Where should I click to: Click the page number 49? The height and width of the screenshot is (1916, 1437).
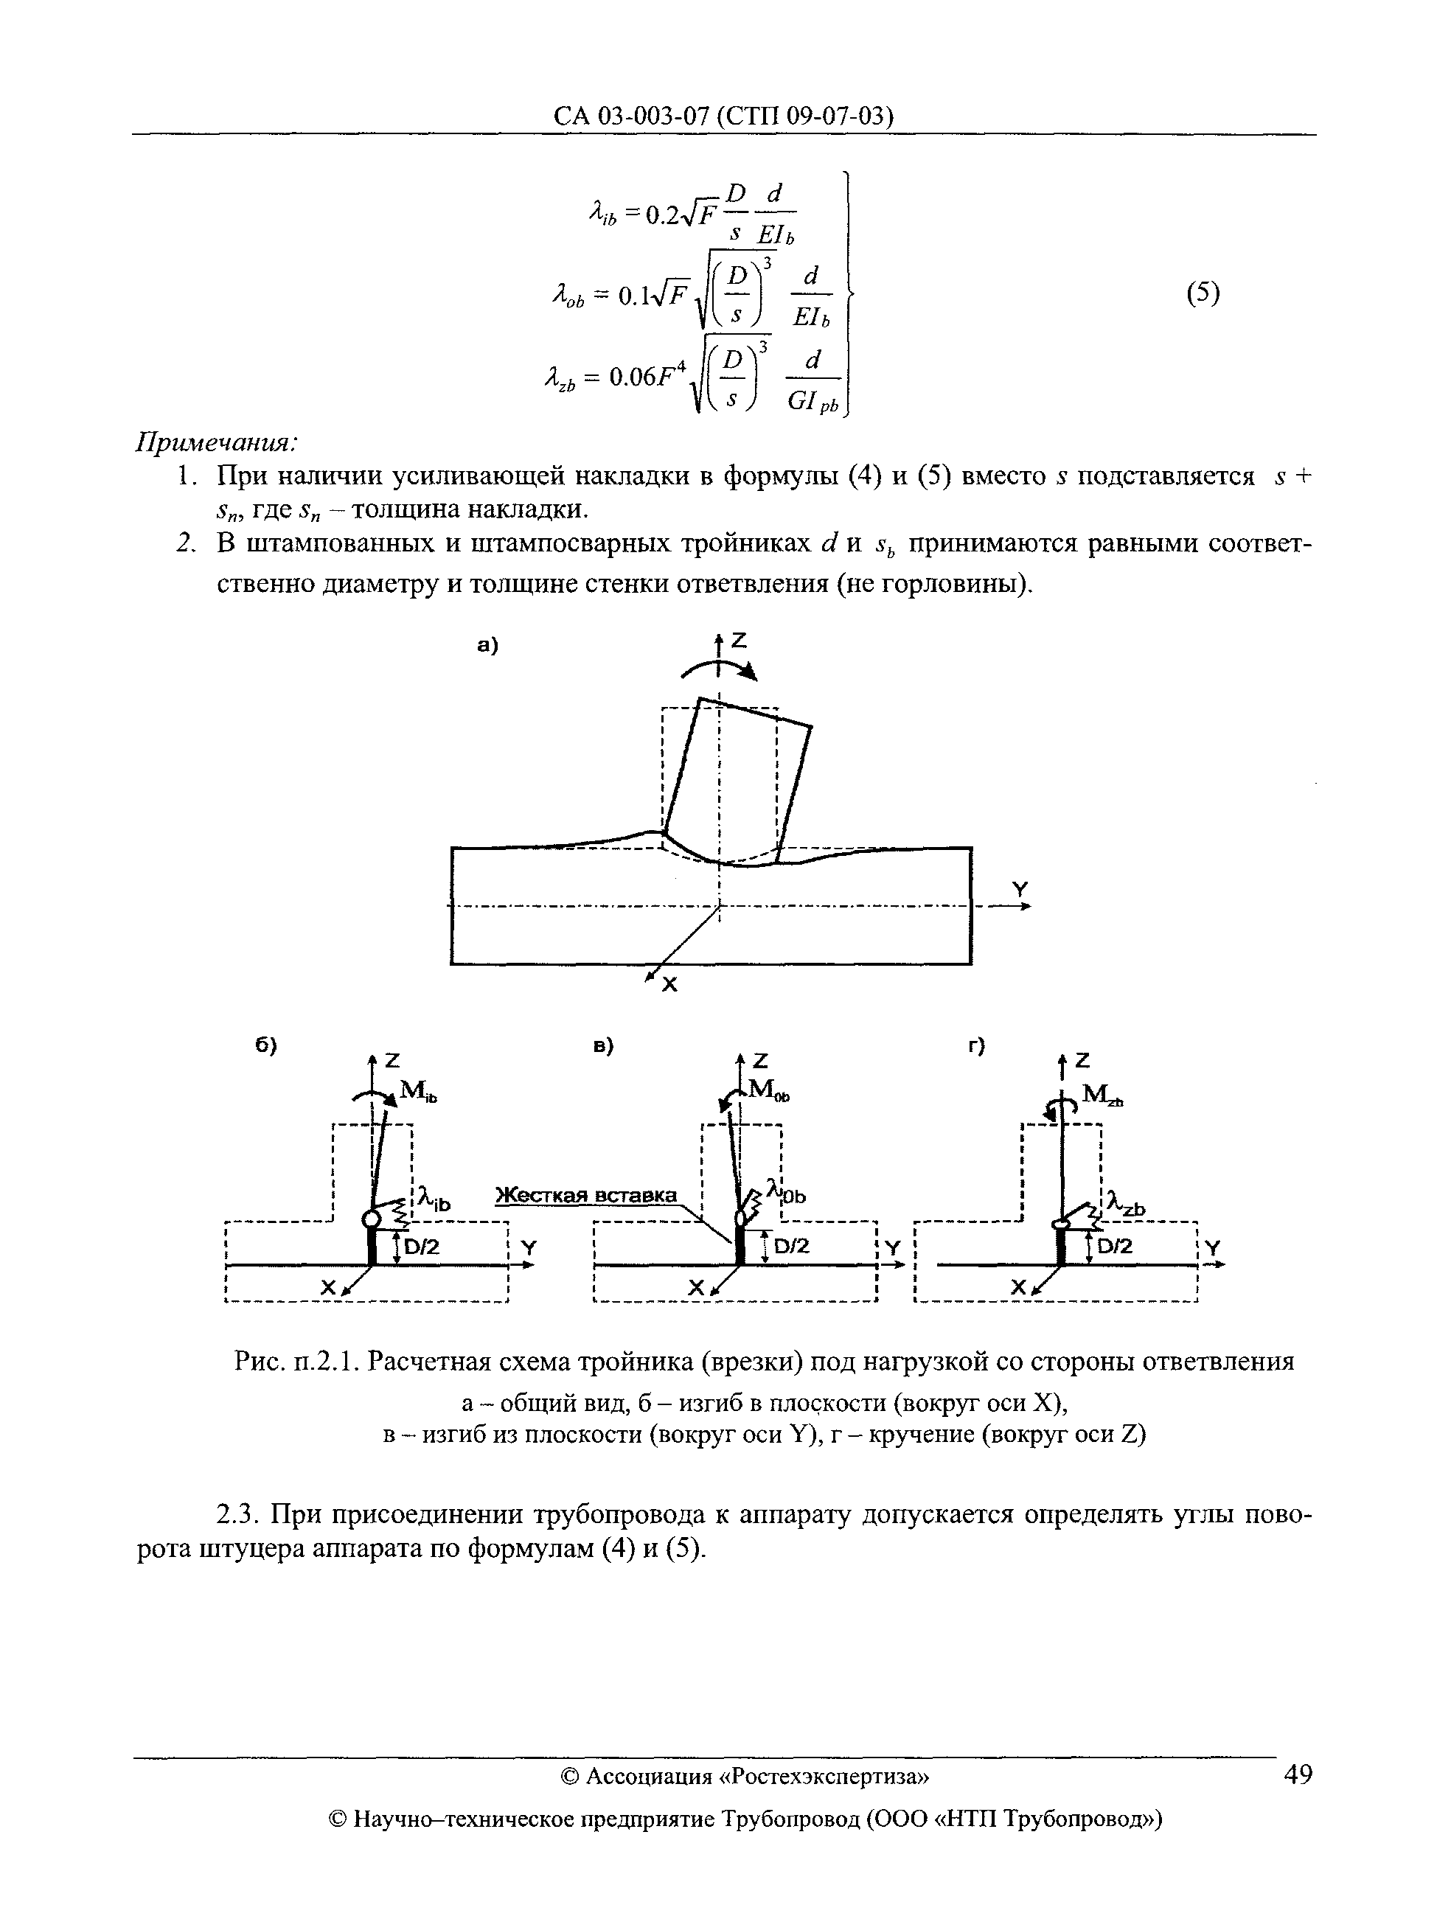click(1297, 1774)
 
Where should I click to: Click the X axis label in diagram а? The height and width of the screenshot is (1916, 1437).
click(669, 985)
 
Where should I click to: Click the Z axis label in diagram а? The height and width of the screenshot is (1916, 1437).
click(738, 641)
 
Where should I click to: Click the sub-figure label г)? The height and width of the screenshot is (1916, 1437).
click(978, 1046)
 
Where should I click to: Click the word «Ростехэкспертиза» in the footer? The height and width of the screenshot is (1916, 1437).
click(824, 1777)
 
